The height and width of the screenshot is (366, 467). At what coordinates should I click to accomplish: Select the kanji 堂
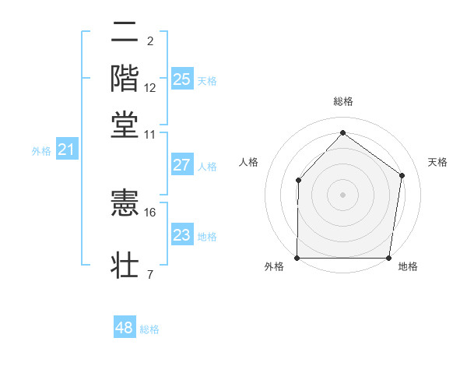click(x=125, y=124)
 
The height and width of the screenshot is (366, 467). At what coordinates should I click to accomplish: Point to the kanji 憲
click(x=125, y=206)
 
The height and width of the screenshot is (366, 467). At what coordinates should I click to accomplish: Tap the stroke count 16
click(x=150, y=212)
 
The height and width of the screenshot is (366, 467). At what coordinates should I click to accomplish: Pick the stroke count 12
click(x=150, y=88)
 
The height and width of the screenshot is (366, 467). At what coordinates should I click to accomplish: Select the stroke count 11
click(x=150, y=134)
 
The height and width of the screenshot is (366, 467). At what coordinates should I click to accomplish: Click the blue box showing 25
click(x=181, y=79)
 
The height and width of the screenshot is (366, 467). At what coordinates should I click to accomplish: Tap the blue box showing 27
click(x=181, y=165)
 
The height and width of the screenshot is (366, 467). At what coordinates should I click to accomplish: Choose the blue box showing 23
click(x=181, y=236)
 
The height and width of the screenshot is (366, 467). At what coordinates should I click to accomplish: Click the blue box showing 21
click(x=65, y=150)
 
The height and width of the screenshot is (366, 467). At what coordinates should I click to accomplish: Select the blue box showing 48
click(x=124, y=328)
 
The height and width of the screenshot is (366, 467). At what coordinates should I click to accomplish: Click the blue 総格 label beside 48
click(x=149, y=329)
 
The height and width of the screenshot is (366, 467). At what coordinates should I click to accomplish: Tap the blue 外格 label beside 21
click(x=41, y=151)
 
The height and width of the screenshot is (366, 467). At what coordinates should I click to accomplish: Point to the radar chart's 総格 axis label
click(x=342, y=101)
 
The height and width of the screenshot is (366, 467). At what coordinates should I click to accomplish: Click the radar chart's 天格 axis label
click(x=437, y=162)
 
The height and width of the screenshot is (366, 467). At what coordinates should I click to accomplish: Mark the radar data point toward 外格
click(x=297, y=258)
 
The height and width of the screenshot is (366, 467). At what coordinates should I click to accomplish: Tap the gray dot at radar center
click(x=342, y=195)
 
